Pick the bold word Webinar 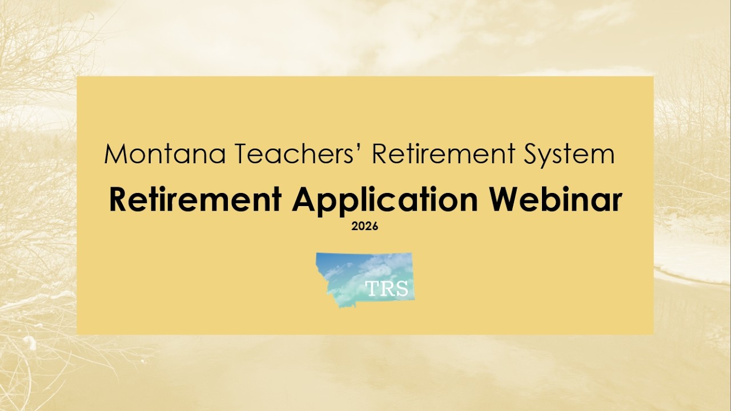[x=556, y=200]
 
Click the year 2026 [x=365, y=227]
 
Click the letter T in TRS [x=372, y=289]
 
